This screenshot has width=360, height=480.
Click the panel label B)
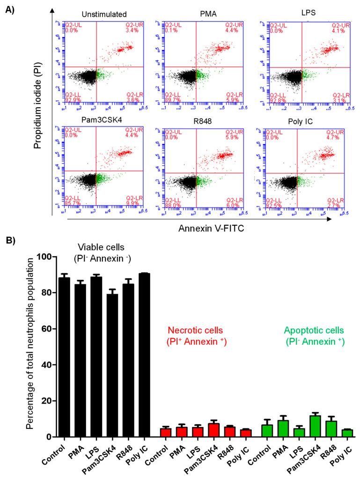click(x=10, y=239)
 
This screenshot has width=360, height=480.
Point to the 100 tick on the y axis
click(x=44, y=257)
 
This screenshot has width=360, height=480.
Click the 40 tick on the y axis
click(x=46, y=365)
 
